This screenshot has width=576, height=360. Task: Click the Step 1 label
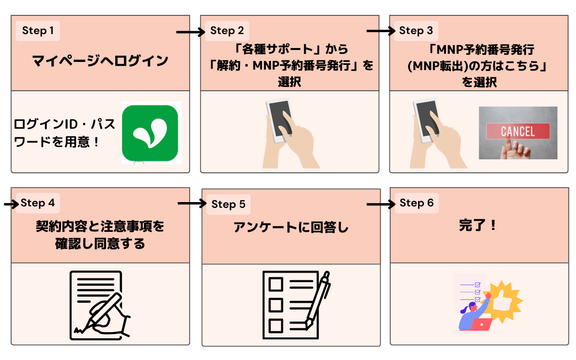[x=38, y=31]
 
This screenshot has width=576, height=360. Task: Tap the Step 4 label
[x=38, y=203]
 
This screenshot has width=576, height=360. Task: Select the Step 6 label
[x=416, y=203]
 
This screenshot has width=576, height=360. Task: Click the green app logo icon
[x=150, y=132]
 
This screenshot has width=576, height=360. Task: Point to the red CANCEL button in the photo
[x=517, y=131]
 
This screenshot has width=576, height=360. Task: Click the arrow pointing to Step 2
[x=190, y=32]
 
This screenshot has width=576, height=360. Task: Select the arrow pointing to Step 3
[x=380, y=32]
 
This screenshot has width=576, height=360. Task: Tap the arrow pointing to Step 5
[x=191, y=204]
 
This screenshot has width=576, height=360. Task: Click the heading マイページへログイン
[x=100, y=61]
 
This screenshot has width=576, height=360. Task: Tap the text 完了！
[x=479, y=226]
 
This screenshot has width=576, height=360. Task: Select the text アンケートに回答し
[x=290, y=228]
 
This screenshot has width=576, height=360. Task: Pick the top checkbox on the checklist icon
[x=276, y=284]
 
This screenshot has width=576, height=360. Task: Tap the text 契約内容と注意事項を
[x=100, y=226]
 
